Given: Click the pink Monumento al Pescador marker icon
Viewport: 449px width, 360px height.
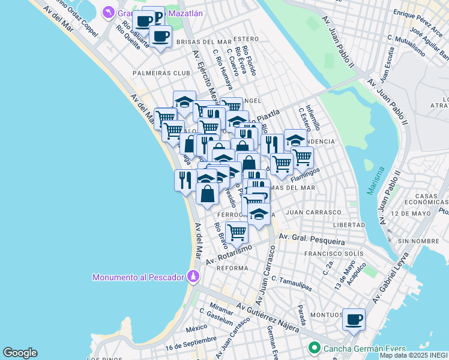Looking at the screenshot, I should coord(193,276).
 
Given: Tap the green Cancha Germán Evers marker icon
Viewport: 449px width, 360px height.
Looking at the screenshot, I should coord(313,348).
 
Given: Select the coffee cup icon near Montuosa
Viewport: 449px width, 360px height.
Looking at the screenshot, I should coord(354,319).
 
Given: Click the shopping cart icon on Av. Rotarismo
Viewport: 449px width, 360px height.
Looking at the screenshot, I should coord(237,232).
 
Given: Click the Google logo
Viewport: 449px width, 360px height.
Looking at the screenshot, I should coord(20,353).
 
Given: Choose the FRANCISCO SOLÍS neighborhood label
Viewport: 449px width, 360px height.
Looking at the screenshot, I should coord(334,254).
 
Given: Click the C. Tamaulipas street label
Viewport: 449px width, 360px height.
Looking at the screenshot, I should coord(292,284).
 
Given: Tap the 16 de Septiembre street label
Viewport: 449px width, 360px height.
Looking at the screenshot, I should coord(190,343).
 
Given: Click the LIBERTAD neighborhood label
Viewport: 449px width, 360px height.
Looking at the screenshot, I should coord(349,224).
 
